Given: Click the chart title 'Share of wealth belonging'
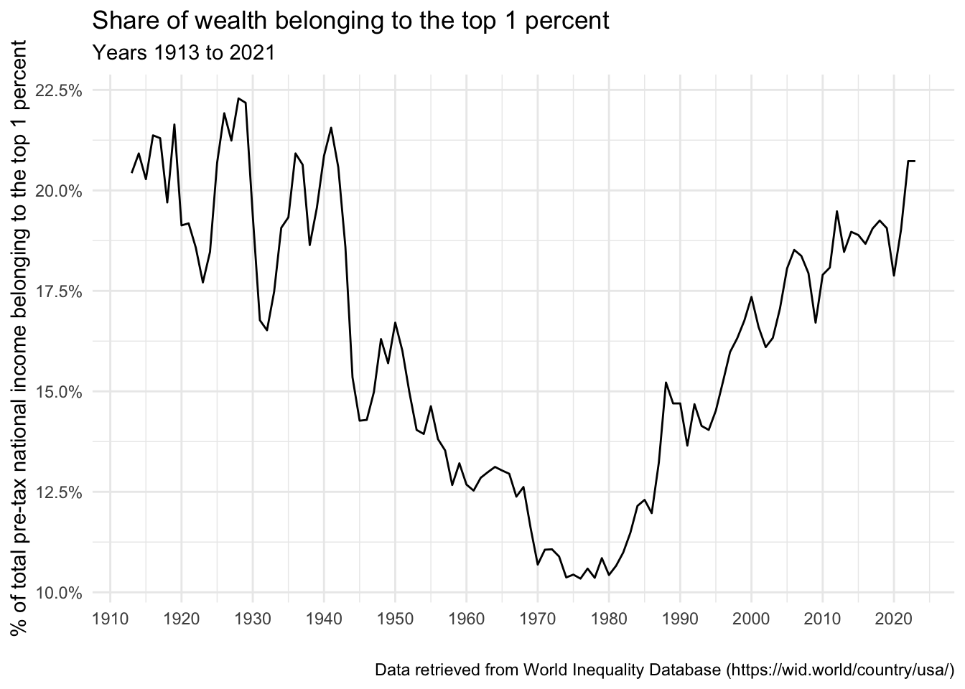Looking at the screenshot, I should point(350,22).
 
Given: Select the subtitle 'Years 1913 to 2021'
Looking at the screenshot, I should point(184,53).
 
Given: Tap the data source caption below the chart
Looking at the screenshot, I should point(664,670).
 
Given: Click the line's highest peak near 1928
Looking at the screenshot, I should point(238,98).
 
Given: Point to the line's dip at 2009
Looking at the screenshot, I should point(816,322).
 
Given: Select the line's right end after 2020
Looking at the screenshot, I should point(915,161).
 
